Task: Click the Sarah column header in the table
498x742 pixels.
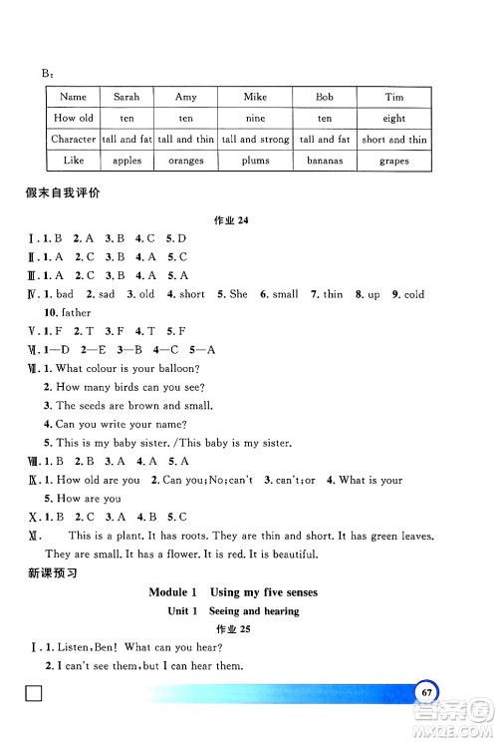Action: [126, 97]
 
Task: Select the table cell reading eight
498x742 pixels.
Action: [393, 118]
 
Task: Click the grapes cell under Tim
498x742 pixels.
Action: [393, 161]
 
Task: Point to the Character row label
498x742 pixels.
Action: [74, 140]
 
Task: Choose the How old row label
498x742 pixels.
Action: [74, 118]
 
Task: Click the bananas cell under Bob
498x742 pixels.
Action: [325, 161]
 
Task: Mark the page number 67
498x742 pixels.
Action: [426, 692]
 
